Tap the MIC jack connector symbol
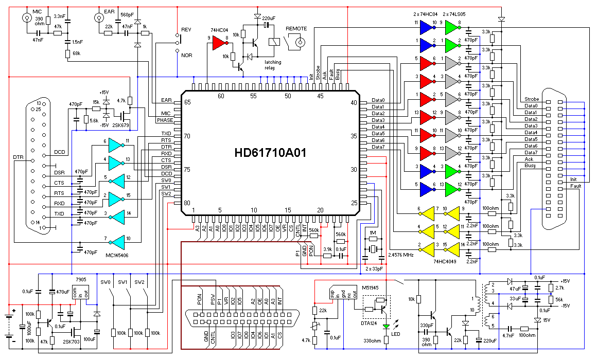26,19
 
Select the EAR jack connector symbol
98,19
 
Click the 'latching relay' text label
273,65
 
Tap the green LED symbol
387,326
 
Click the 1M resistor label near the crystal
373,232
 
